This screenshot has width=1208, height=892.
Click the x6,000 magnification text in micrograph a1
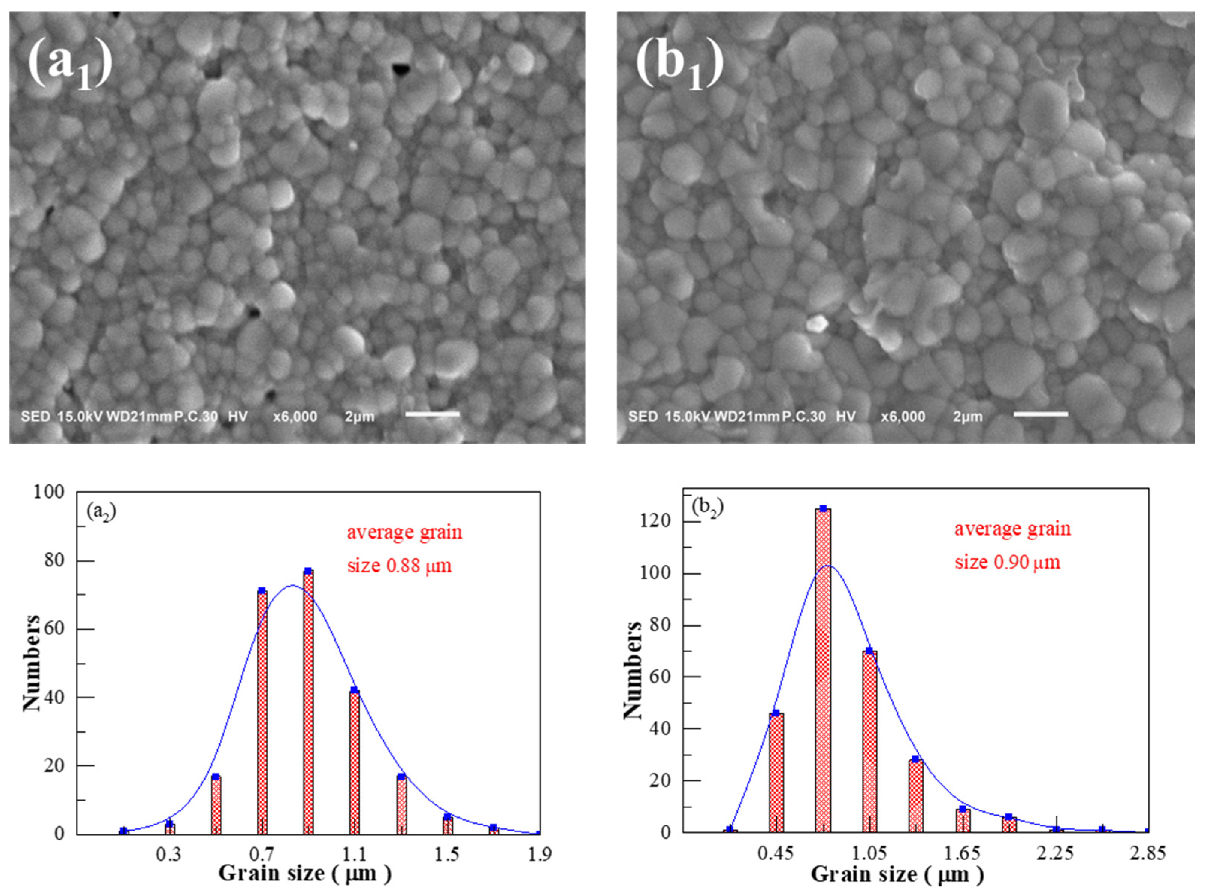coord(295,417)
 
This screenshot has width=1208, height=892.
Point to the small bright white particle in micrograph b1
coord(817,323)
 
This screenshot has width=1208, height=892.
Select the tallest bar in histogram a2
coord(308,702)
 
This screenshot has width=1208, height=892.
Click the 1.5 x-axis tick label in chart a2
coord(447,854)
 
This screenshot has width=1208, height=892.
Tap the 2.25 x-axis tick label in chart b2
coord(1055,854)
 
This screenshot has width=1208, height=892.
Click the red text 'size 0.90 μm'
coord(1007,562)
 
